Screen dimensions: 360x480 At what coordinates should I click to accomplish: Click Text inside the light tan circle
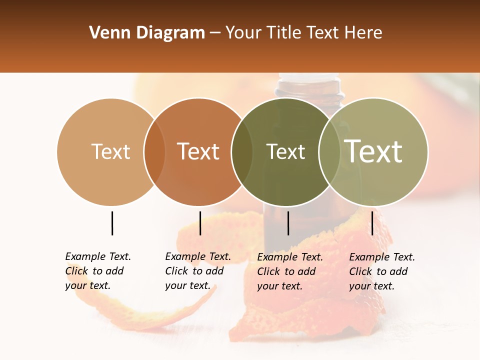pos(111,151)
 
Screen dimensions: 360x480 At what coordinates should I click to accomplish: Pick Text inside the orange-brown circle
pos(198,151)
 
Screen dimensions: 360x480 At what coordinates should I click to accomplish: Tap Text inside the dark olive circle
pos(285,151)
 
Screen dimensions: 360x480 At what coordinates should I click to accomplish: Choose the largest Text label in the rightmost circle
pos(373,151)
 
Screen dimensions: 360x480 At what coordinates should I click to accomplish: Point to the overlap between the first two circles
pos(154,152)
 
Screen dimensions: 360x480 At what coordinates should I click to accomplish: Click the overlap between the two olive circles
pos(329,152)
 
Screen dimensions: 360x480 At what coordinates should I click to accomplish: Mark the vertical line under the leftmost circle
pos(112,223)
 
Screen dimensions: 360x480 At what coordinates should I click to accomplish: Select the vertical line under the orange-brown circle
pos(200,223)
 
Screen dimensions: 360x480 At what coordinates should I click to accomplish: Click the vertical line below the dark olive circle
pos(288,223)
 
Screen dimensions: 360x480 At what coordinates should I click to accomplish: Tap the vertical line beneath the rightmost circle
pos(372,223)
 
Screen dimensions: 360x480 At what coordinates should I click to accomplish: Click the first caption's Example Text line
pos(98,256)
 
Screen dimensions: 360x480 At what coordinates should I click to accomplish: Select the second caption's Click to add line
pos(194,271)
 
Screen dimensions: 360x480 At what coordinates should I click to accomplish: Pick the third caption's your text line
pos(279,286)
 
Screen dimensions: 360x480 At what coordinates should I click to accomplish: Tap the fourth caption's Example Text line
pos(382,257)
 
